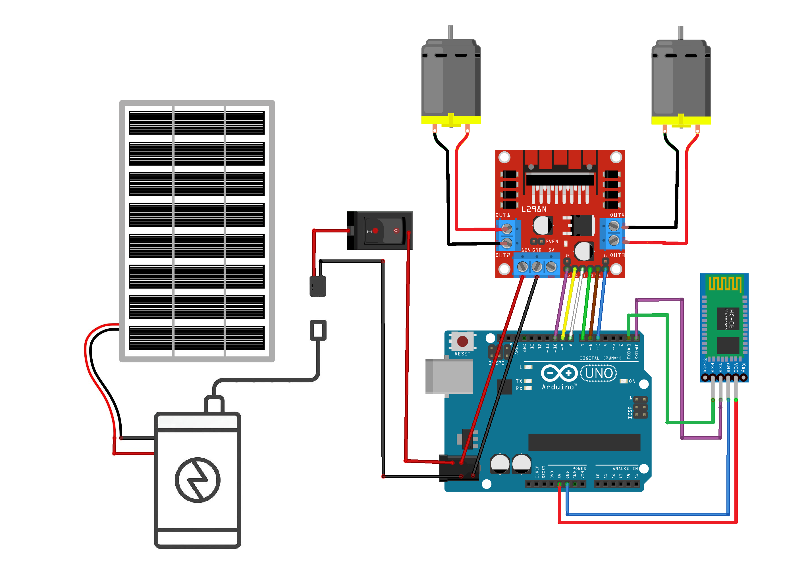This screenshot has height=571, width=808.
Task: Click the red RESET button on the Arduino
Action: pos(462,341)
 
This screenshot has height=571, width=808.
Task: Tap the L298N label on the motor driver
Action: pos(533,209)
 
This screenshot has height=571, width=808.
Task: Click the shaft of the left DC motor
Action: pos(450,32)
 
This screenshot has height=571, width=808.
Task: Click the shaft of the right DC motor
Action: pos(681,32)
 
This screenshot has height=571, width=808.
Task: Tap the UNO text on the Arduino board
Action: pos(599,373)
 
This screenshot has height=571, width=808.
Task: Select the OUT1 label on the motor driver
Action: pos(502,215)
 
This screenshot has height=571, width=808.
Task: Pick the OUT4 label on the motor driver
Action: pos(617,215)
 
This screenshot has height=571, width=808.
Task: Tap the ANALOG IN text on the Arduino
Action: pos(625,469)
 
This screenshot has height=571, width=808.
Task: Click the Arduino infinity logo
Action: pos(559,373)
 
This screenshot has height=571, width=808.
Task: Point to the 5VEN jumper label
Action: pos(552,242)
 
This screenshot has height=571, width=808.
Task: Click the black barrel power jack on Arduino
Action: pos(458,469)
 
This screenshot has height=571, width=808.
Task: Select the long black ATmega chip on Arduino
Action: pos(584,442)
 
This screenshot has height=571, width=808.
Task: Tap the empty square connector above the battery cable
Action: pos(318,330)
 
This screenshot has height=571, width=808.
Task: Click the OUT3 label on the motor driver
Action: pos(617,255)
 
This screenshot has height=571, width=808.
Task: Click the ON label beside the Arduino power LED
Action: pos(632,381)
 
